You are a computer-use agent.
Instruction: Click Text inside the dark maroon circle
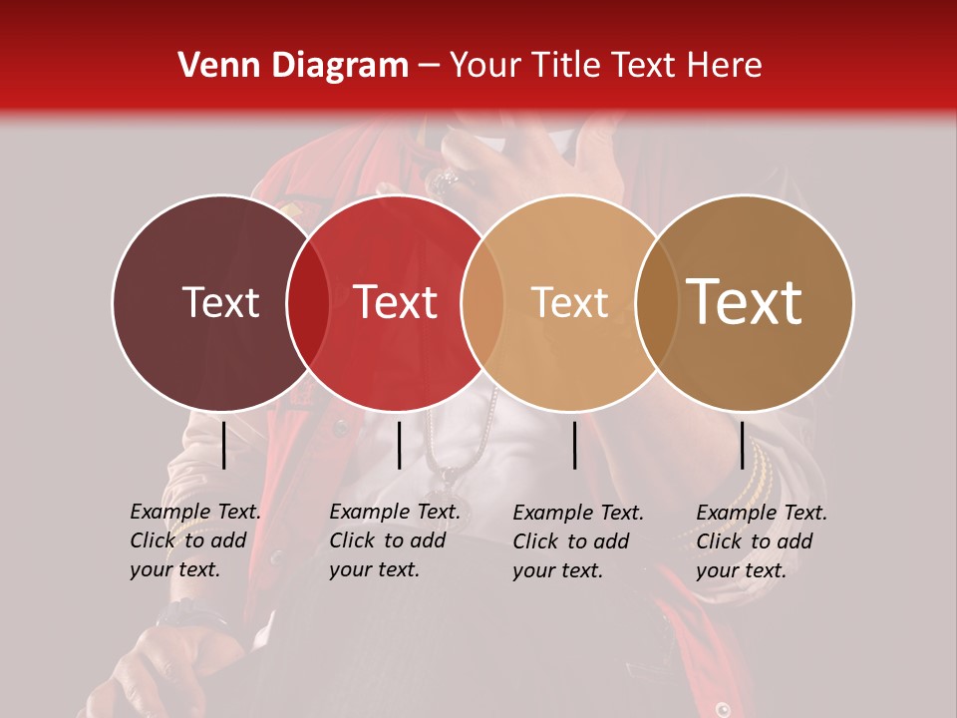click(x=220, y=302)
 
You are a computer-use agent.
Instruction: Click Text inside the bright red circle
click(x=396, y=302)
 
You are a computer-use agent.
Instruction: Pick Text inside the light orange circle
click(x=569, y=302)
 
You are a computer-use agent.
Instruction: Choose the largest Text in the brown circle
click(x=745, y=302)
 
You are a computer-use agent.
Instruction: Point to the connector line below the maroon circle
click(x=223, y=445)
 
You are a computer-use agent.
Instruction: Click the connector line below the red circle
click(x=399, y=445)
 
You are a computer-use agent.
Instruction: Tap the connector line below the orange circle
click(x=575, y=445)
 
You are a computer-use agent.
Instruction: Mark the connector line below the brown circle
click(x=742, y=445)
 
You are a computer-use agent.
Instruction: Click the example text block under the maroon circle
click(x=194, y=540)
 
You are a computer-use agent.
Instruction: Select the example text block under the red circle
click(x=394, y=540)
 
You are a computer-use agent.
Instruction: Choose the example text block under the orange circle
click(x=577, y=541)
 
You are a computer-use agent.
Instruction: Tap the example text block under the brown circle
click(x=761, y=541)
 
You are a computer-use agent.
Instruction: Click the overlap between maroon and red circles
click(x=308, y=302)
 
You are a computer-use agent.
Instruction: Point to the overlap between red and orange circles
click(x=482, y=302)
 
